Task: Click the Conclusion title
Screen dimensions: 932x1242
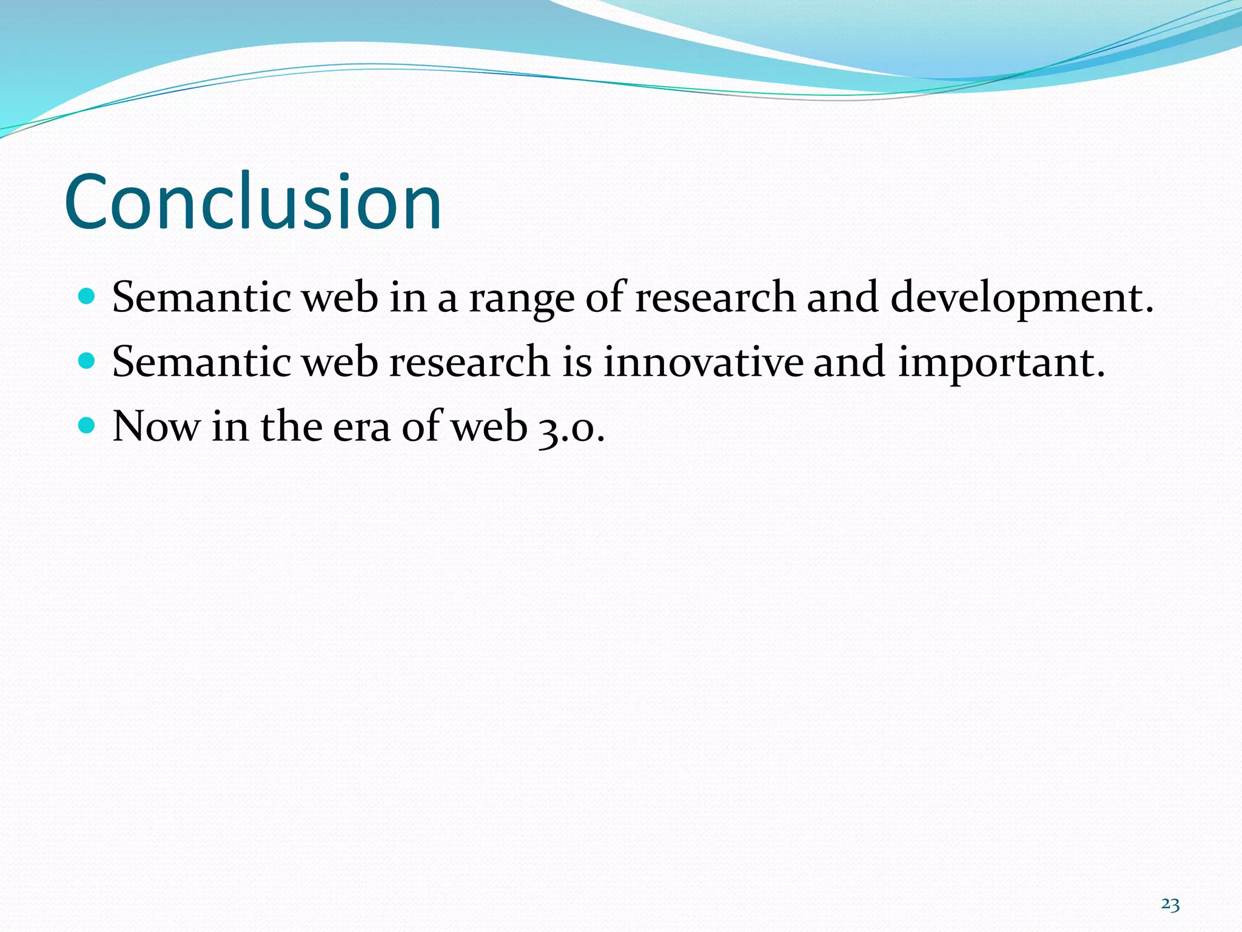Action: pos(253,202)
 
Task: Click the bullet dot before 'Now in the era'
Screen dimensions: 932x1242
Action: pos(87,425)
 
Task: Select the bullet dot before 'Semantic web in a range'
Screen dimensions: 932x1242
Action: pos(87,296)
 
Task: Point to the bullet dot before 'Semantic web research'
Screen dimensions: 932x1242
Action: pos(87,361)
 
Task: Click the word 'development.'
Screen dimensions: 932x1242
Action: pos(1021,299)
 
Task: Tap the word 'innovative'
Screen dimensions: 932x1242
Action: pos(703,362)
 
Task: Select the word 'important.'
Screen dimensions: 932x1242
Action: pos(1001,363)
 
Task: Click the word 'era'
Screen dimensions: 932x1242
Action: pos(361,427)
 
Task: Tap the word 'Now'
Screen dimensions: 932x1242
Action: pos(156,427)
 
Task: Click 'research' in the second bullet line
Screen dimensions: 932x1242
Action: pos(469,362)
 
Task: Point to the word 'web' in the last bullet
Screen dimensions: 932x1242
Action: pos(490,427)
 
